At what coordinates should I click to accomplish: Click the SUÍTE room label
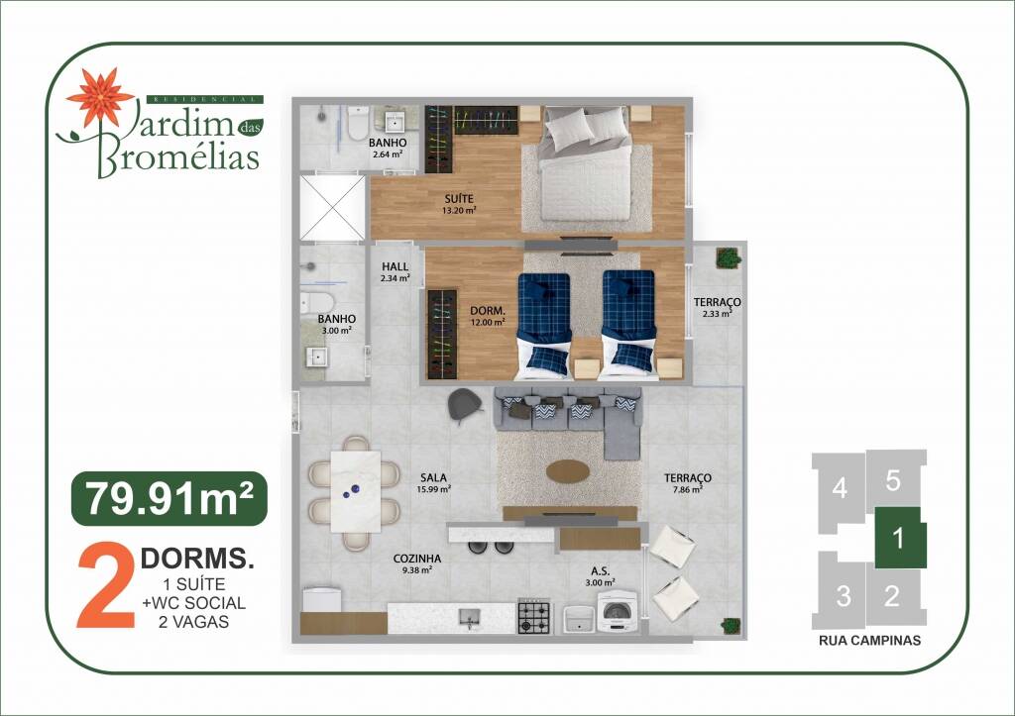click(x=459, y=199)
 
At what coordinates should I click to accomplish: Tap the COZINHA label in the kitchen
click(x=417, y=559)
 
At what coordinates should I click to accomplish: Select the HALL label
click(x=395, y=266)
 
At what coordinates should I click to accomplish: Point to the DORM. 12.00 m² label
click(x=488, y=316)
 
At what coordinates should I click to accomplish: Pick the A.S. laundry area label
click(x=600, y=571)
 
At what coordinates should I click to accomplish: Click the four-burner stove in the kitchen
click(x=534, y=617)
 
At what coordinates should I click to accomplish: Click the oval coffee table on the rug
click(x=568, y=471)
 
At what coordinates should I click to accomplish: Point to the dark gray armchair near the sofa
click(x=465, y=406)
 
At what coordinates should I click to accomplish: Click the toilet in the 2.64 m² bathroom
click(x=357, y=124)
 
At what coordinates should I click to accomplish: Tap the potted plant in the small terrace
click(x=729, y=257)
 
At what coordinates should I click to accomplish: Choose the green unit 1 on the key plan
click(x=900, y=538)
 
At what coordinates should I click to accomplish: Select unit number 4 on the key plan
click(x=840, y=488)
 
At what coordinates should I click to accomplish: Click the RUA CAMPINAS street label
click(x=869, y=641)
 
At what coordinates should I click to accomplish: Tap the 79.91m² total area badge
click(x=169, y=499)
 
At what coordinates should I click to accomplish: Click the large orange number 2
click(x=106, y=586)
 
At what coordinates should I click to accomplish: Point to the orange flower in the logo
click(x=100, y=96)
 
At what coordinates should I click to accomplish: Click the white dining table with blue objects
click(x=356, y=491)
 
